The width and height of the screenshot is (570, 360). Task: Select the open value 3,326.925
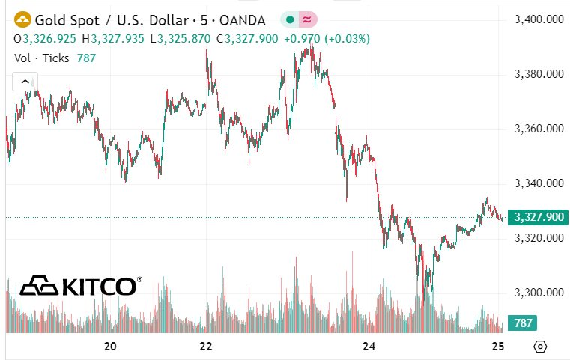click(x=52, y=38)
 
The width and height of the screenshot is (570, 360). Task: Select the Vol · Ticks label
click(x=42, y=58)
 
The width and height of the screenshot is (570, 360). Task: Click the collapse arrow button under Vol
click(x=25, y=82)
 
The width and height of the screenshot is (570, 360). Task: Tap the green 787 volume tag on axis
click(x=521, y=323)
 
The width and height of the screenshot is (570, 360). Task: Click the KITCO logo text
click(x=98, y=287)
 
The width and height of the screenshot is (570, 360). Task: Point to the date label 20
click(x=110, y=347)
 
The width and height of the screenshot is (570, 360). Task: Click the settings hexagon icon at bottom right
click(x=540, y=347)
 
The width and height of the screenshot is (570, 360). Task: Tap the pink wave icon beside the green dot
click(x=307, y=19)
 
